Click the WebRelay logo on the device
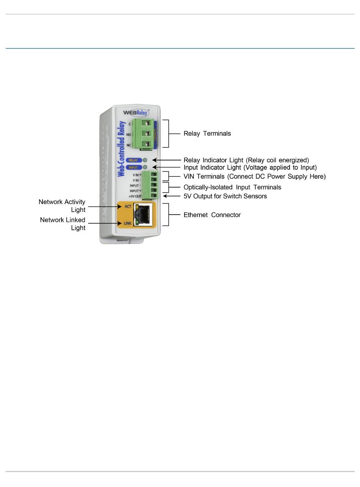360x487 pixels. coord(136,112)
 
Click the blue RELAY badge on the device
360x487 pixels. coord(133,160)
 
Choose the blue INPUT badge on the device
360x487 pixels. coord(133,167)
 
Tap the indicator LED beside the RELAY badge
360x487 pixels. coord(145,160)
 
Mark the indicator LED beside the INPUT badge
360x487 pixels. coord(145,167)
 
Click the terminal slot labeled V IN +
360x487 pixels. coord(153,175)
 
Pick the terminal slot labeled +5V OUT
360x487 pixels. coord(153,196)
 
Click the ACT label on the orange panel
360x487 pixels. coord(128,207)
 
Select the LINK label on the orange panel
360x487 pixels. coord(127,223)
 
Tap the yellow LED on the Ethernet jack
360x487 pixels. coord(136,207)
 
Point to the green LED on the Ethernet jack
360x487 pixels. coord(136,222)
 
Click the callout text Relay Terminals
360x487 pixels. coord(207,134)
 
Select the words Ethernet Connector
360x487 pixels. coord(212,215)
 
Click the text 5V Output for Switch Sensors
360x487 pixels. coord(225,196)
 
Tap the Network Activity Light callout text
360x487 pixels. coord(62,206)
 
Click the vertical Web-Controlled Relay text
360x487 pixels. coord(122,149)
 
